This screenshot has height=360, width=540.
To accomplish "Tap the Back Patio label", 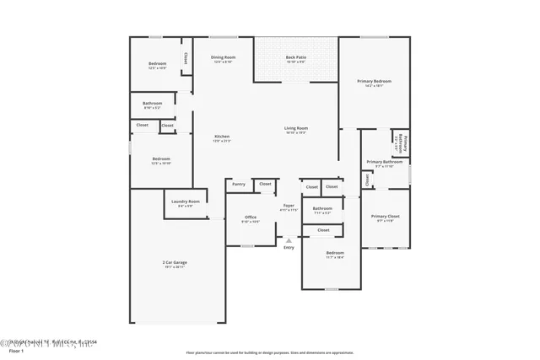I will pyautogui.click(x=295, y=57).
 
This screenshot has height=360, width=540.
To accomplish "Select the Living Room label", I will pyautogui.click(x=295, y=128).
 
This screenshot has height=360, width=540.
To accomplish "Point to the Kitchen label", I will pyautogui.click(x=222, y=137).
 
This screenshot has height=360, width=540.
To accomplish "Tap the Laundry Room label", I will pyautogui.click(x=185, y=201).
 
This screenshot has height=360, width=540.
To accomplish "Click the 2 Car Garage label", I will pyautogui.click(x=175, y=262).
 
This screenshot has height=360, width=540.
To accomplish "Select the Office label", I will pyautogui.click(x=251, y=218).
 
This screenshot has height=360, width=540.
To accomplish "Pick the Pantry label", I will pyautogui.click(x=239, y=183).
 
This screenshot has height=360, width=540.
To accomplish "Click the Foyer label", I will pyautogui.click(x=288, y=205).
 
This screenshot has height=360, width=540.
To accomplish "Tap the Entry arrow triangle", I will pyautogui.click(x=289, y=240).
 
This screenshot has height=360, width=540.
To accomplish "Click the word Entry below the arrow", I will pyautogui.click(x=289, y=247).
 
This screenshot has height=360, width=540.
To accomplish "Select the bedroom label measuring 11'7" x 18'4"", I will pyautogui.click(x=335, y=253).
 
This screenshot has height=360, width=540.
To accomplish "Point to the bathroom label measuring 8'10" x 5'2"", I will pyautogui.click(x=152, y=103).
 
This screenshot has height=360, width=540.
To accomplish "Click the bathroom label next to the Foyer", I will pyautogui.click(x=322, y=208).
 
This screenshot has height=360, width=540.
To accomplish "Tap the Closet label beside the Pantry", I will pyautogui.click(x=265, y=183).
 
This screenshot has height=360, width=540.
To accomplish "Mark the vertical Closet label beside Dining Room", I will pyautogui.click(x=184, y=59).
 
